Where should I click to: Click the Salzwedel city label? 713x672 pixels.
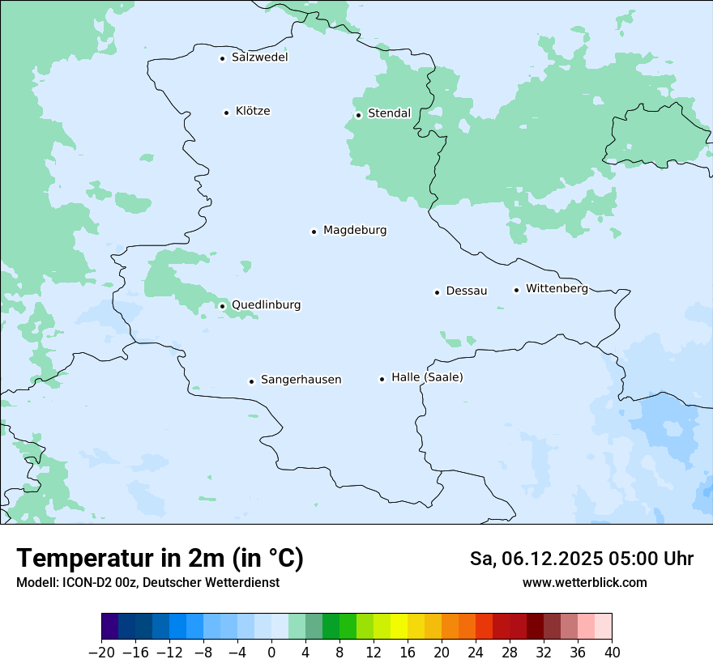point(259,57)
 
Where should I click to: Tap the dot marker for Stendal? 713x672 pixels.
point(358,114)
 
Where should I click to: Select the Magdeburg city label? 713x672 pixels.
point(355,230)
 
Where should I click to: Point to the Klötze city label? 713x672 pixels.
point(253,111)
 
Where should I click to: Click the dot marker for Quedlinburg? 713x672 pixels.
point(222,306)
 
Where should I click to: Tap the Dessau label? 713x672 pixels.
point(467,291)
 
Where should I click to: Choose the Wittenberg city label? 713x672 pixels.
point(557,288)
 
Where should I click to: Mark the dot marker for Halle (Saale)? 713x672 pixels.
point(382,378)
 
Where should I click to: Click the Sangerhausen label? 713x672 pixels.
point(301,380)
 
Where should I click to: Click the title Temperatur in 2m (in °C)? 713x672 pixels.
point(160,559)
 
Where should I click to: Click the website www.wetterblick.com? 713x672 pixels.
point(584,582)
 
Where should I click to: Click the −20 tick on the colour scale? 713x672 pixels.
point(102,651)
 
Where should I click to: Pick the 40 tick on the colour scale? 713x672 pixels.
point(612,651)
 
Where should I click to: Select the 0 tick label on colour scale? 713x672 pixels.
point(271,651)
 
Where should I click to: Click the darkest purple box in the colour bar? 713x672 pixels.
point(110,627)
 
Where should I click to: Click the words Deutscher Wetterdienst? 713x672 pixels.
point(211,582)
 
